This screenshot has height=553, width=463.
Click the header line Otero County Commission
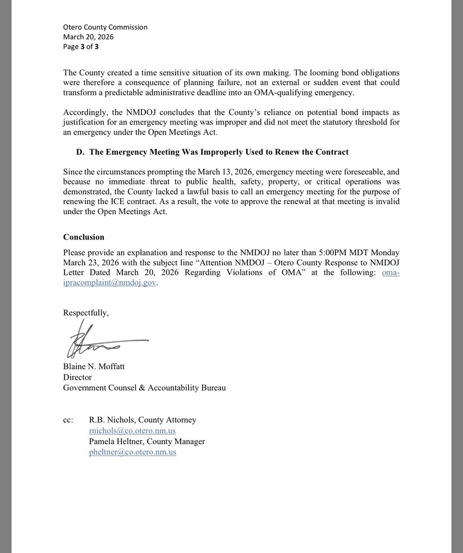(x=105, y=27)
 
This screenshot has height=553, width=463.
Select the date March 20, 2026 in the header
(x=88, y=37)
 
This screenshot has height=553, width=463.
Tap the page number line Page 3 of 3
(x=81, y=47)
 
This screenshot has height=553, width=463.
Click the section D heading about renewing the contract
(x=212, y=152)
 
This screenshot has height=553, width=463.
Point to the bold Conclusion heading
(x=84, y=237)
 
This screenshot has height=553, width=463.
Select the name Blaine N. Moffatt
(x=94, y=367)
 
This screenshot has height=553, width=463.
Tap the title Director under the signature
(x=77, y=377)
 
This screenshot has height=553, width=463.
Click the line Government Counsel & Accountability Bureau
(x=144, y=388)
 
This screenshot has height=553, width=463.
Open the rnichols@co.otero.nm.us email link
(x=132, y=431)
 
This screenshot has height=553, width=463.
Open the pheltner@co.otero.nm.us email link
(x=132, y=452)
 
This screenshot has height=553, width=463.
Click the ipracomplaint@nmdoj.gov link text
(x=109, y=283)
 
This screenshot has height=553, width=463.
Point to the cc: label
(x=68, y=420)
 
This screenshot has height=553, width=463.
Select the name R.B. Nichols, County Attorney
(x=143, y=420)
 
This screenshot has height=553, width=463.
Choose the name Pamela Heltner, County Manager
(x=147, y=441)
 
